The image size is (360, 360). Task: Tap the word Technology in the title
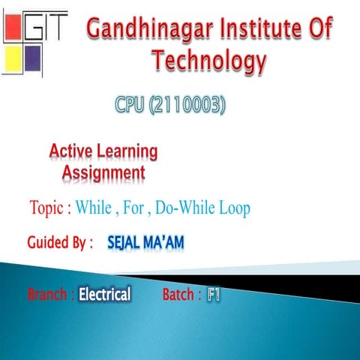point(208,61)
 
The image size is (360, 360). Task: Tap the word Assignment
point(103,173)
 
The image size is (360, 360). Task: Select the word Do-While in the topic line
point(186,208)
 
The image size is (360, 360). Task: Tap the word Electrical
point(105,294)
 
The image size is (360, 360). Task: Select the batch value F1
point(214,294)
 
